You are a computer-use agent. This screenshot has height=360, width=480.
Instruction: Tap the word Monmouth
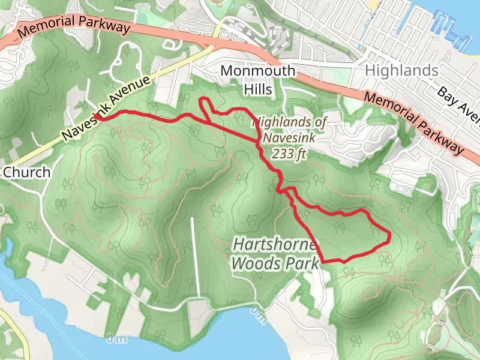[x=258, y=71]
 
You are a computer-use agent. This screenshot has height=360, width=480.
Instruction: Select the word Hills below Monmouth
[x=258, y=90]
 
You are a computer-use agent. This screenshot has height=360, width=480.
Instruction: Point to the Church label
[x=26, y=173]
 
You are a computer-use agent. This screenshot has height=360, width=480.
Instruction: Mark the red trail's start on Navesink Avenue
[x=98, y=118]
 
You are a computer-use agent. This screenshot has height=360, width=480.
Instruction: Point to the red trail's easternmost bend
[x=389, y=235]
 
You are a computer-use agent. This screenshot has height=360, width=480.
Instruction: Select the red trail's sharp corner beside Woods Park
[x=323, y=261]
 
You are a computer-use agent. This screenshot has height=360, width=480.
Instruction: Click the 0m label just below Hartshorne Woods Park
[x=257, y=311]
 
